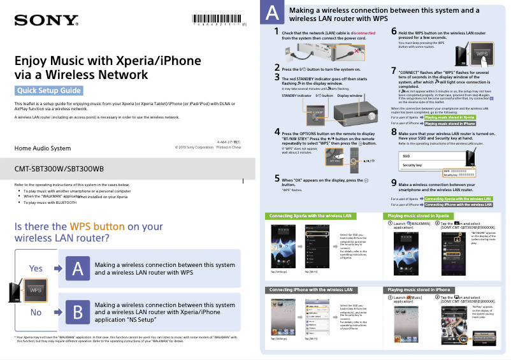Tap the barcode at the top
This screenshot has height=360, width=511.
coord(217,18)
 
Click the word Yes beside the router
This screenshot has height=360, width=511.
coord(36,269)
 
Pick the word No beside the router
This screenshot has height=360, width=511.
coord(36,312)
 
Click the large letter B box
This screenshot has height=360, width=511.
coord(77,312)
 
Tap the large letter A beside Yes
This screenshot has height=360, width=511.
coord(77,269)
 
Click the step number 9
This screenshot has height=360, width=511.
coord(394,182)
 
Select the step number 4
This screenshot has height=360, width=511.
coord(277,132)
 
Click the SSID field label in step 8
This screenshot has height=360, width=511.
coord(407,155)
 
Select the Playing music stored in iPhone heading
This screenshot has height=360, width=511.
coord(419,290)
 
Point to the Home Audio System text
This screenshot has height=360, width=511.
coord(43,148)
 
